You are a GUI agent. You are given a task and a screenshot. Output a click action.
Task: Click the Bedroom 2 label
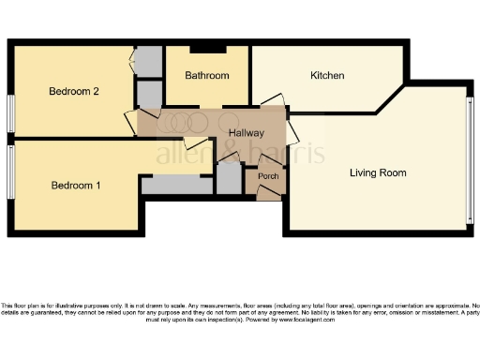[74, 91]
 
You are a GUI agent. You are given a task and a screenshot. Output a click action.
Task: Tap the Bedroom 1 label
[75, 185]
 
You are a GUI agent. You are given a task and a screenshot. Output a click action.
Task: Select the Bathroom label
[206, 75]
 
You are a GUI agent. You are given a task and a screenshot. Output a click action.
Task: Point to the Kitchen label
[327, 75]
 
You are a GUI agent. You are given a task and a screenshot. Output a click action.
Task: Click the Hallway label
[247, 133]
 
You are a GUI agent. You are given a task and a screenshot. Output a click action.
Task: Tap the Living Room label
[378, 172]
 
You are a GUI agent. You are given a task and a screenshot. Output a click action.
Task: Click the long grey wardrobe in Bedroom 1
[176, 186]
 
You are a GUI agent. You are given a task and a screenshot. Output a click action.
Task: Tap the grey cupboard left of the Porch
[229, 179]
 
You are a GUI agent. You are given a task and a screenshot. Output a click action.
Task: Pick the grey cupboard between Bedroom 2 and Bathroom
[148, 95]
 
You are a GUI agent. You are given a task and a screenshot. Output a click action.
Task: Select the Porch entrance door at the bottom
[268, 192]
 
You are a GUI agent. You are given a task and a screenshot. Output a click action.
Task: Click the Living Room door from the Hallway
[292, 127]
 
